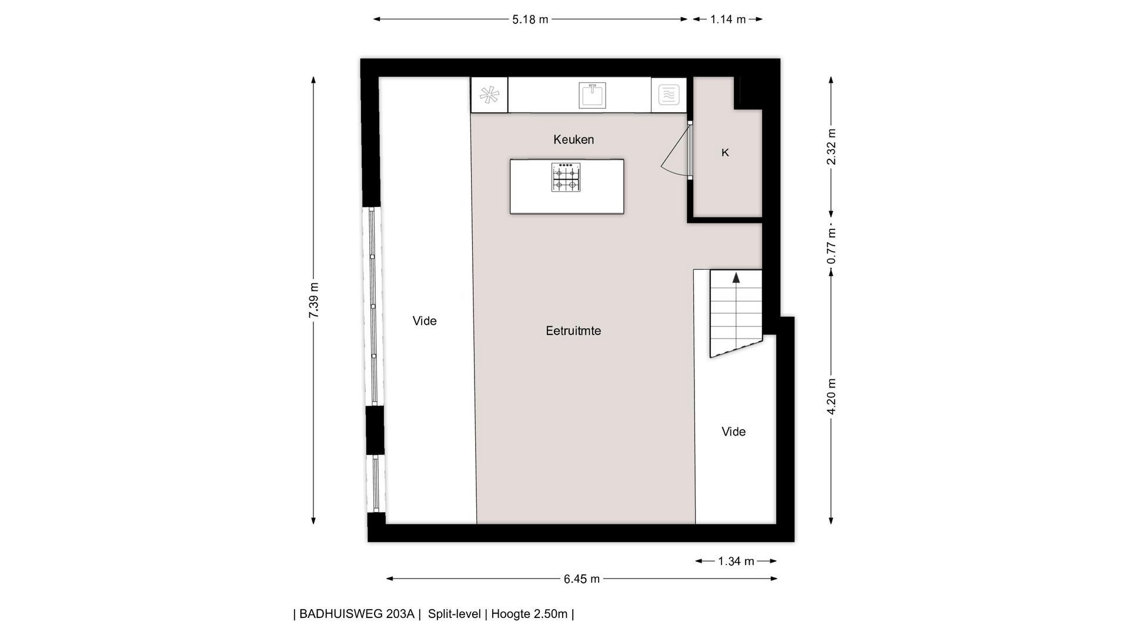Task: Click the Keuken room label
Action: tap(573, 140)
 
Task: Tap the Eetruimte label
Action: tap(573, 331)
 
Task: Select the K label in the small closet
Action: tap(725, 153)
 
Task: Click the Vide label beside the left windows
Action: tap(425, 321)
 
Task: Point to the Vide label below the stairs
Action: tap(733, 432)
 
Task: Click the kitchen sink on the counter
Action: tap(592, 95)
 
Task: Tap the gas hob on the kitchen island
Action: tap(566, 177)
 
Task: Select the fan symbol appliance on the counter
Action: tap(489, 95)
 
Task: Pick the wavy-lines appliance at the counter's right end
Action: tap(669, 95)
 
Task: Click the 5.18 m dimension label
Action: tap(530, 19)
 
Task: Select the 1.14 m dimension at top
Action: tap(727, 19)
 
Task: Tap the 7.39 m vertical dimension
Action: tap(314, 300)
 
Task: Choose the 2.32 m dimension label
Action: tap(831, 146)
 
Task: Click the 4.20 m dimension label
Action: tap(831, 396)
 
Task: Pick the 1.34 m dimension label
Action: tap(736, 562)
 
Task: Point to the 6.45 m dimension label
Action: tap(582, 579)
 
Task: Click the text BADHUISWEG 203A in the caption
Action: tap(357, 614)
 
